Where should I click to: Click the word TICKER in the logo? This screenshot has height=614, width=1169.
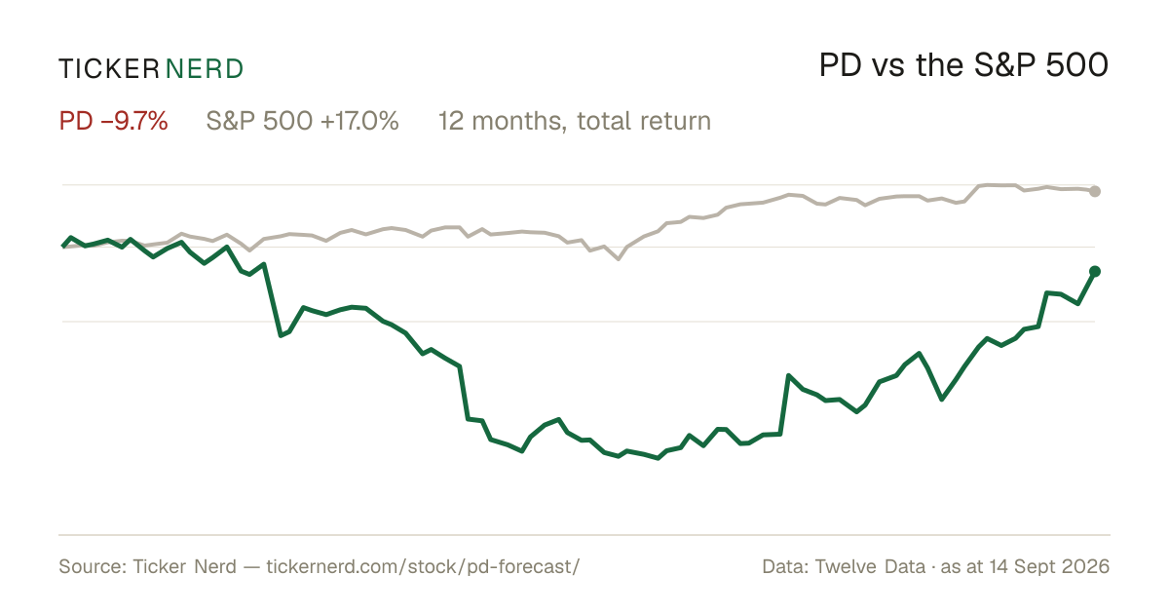[x=109, y=69]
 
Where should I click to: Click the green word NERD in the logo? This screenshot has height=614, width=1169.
[x=204, y=69]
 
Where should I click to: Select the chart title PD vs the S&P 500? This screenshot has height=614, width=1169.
[x=963, y=65]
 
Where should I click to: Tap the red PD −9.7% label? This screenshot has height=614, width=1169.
[x=113, y=121]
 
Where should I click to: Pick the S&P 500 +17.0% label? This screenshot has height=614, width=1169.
[x=303, y=121]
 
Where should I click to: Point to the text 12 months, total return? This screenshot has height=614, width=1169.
[x=575, y=122]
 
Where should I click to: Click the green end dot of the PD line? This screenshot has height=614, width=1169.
[x=1095, y=272]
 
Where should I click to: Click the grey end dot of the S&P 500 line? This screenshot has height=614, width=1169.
[x=1095, y=191]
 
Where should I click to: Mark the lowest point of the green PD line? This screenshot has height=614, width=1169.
[x=658, y=458]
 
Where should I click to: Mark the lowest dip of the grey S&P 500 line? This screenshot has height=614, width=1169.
[x=619, y=259]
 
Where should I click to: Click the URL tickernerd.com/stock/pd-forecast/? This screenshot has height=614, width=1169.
[x=423, y=566]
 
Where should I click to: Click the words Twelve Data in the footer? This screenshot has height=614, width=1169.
[x=870, y=566]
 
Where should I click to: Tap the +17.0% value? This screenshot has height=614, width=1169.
[x=359, y=121]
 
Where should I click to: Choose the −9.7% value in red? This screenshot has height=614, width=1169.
[x=134, y=121]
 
